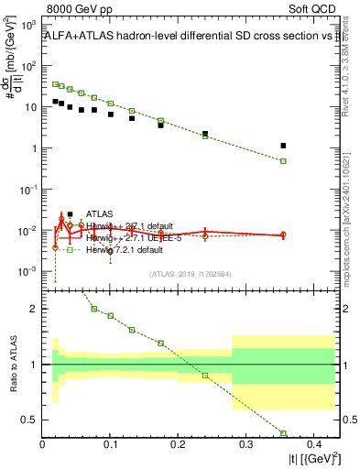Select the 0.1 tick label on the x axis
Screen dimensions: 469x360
[110, 446]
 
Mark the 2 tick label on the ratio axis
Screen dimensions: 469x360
[35, 309]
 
